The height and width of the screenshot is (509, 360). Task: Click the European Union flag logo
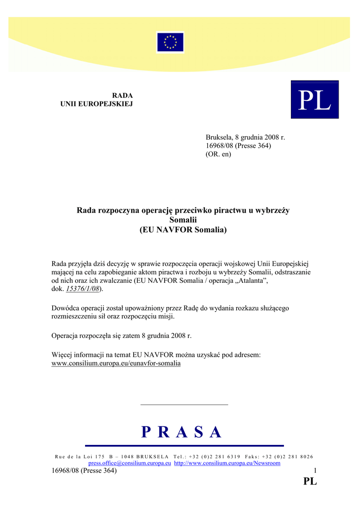[170, 42]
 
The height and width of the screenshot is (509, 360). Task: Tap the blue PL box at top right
[314, 99]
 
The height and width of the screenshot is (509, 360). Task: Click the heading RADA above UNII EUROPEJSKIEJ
[122, 95]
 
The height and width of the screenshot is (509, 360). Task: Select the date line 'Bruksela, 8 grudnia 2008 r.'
[245, 137]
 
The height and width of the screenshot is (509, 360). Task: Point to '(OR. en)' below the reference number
[218, 154]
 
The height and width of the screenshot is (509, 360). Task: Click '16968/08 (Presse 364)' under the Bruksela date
[238, 146]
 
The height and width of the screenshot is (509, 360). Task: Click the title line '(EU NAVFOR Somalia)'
[183, 230]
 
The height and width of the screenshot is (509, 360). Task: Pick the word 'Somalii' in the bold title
[183, 220]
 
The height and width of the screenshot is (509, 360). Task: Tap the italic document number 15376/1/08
[83, 288]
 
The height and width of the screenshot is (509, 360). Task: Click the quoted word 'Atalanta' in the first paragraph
[251, 280]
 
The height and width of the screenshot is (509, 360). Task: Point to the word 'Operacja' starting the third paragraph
[66, 336]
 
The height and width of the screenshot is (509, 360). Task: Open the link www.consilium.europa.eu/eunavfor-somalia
[116, 363]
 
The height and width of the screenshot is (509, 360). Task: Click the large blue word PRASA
[181, 432]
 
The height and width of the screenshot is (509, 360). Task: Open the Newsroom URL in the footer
[227, 463]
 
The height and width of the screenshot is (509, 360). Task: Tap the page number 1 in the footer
[315, 471]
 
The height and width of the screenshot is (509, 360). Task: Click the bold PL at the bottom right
[310, 482]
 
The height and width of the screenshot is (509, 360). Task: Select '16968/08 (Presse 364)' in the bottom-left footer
[84, 471]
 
